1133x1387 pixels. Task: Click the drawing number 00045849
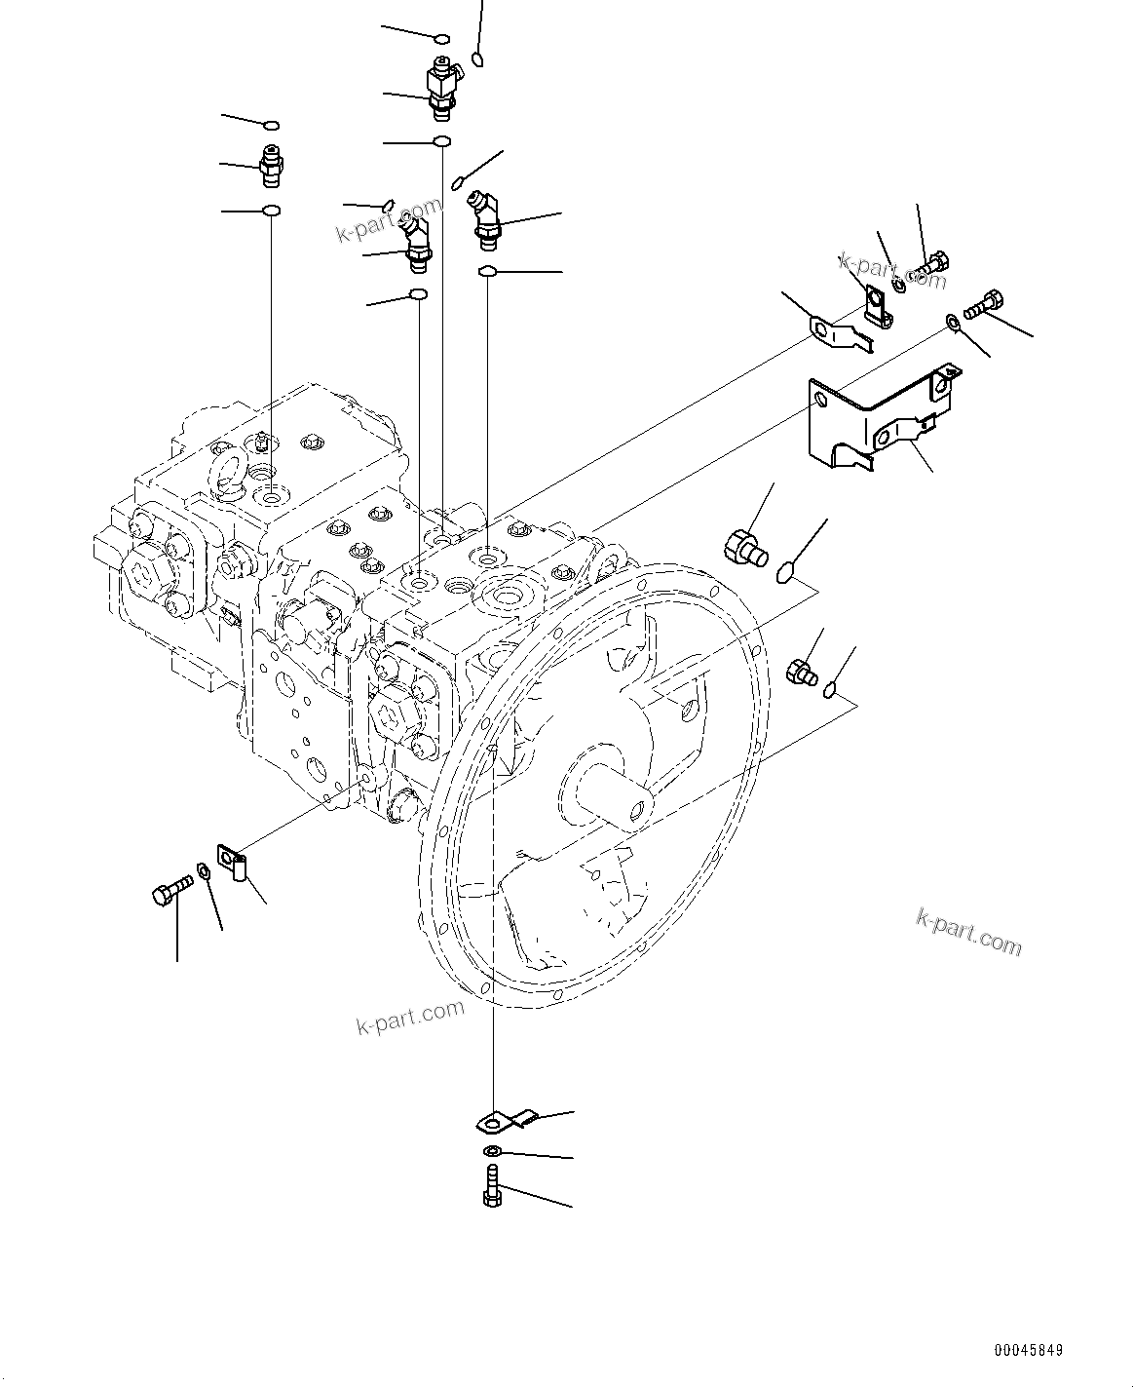click(x=1028, y=1351)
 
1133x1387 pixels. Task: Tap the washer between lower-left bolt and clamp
click(x=203, y=869)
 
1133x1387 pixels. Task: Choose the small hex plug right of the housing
click(x=800, y=672)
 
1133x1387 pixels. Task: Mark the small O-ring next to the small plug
click(x=829, y=691)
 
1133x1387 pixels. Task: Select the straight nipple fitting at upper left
click(x=272, y=166)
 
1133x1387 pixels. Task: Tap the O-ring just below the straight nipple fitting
click(x=272, y=212)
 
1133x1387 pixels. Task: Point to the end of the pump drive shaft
click(x=638, y=808)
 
